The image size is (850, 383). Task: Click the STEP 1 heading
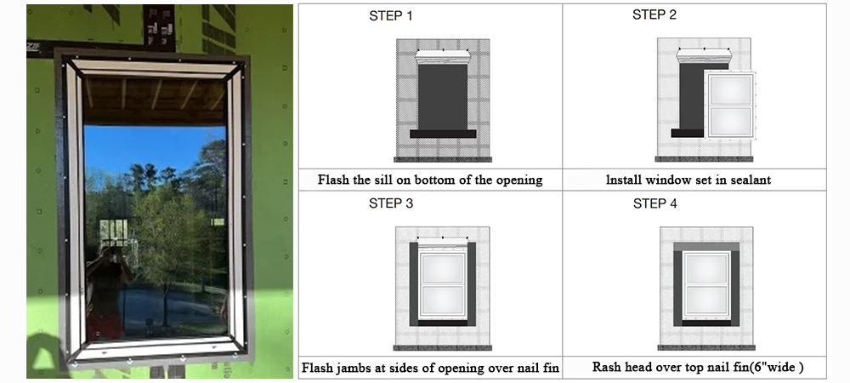391,16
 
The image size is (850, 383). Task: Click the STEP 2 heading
654,15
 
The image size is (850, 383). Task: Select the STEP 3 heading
391,203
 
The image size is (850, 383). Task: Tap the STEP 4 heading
654,204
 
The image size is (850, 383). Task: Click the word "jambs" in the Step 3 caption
359,368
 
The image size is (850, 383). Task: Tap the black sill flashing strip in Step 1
443,134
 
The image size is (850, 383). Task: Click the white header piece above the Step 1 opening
443,57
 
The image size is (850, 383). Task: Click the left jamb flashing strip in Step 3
414,283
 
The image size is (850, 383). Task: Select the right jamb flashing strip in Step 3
472,283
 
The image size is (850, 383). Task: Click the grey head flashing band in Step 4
706,247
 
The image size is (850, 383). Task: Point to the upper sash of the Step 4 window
705,269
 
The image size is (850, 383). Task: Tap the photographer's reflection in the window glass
108,288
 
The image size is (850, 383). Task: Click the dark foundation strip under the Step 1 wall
443,159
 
